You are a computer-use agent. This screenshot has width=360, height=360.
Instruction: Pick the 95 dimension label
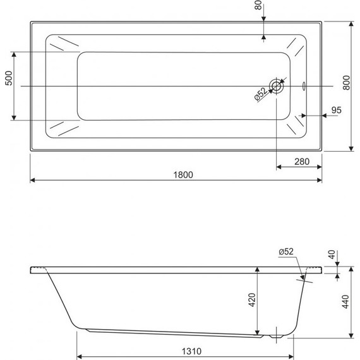tap(336, 110)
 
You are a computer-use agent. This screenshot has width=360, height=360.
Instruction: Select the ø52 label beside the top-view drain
tap(261, 93)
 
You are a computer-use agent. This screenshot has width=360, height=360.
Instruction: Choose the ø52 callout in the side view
tap(286, 251)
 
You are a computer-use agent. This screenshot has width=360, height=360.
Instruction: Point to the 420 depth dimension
tap(251, 300)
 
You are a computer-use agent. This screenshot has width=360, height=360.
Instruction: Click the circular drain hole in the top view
tap(277, 86)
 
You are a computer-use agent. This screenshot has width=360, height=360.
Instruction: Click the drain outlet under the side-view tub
tap(278, 335)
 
